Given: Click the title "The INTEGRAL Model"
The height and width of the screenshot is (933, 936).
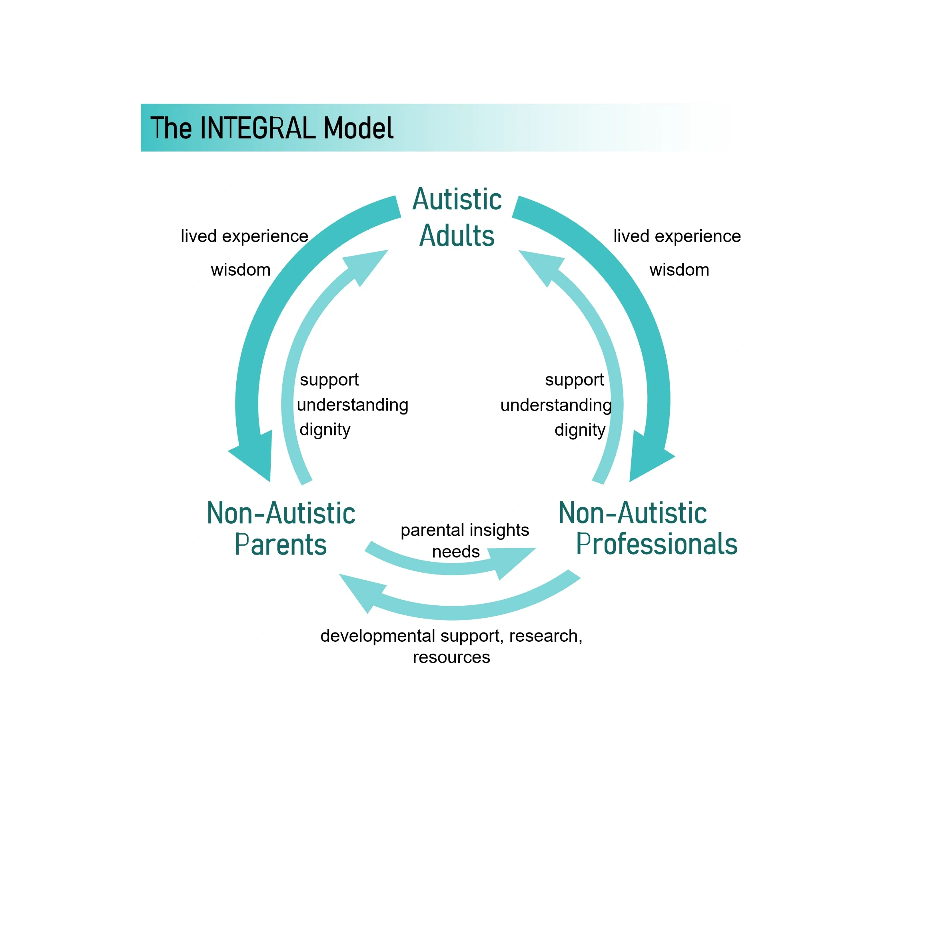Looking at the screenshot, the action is pyautogui.click(x=271, y=128).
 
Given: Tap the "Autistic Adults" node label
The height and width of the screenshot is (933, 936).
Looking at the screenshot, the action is pyautogui.click(x=457, y=217).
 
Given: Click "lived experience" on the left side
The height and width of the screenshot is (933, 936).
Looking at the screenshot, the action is pyautogui.click(x=245, y=236).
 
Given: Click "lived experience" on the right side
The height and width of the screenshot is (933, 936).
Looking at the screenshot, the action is pyautogui.click(x=677, y=236).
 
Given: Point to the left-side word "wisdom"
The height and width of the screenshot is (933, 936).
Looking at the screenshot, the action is pyautogui.click(x=241, y=270).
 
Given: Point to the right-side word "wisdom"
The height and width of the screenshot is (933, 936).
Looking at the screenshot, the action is pyautogui.click(x=679, y=270).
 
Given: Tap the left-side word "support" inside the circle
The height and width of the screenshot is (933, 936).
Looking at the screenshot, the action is pyautogui.click(x=329, y=380).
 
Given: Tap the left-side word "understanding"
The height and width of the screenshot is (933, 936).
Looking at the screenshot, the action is pyautogui.click(x=353, y=405).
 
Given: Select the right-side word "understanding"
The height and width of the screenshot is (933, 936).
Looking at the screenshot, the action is pyautogui.click(x=556, y=405).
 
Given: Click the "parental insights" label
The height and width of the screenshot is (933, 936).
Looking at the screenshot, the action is pyautogui.click(x=465, y=530).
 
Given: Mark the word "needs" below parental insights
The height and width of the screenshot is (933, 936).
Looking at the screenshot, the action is pyautogui.click(x=456, y=552).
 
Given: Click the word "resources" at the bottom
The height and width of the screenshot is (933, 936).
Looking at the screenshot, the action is pyautogui.click(x=451, y=657).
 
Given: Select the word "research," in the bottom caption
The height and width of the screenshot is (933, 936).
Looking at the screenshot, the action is pyautogui.click(x=545, y=636).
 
